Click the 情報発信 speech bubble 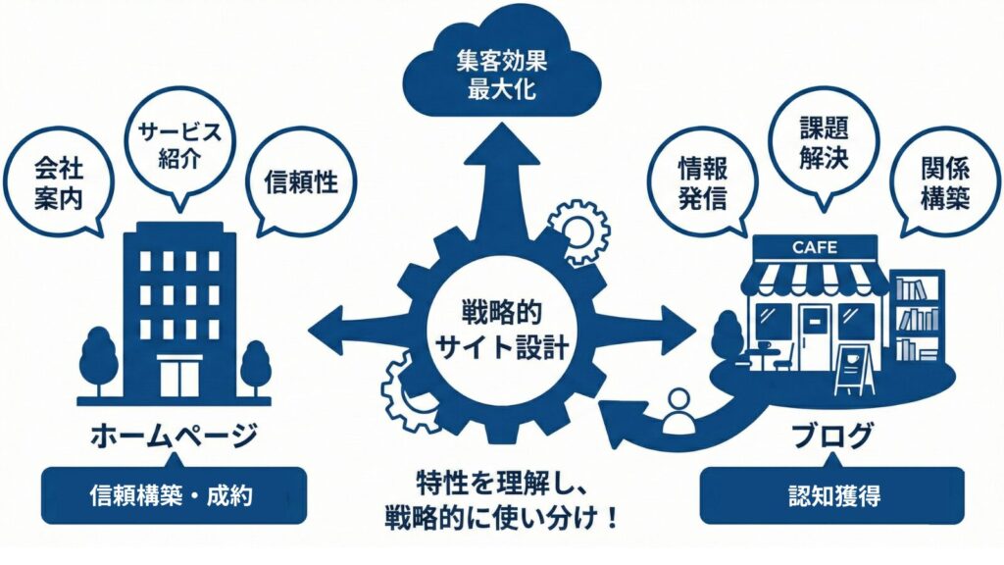pyautogui.click(x=703, y=182)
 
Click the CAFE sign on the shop pyautogui.click(x=814, y=247)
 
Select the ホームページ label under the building pyautogui.click(x=174, y=435)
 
